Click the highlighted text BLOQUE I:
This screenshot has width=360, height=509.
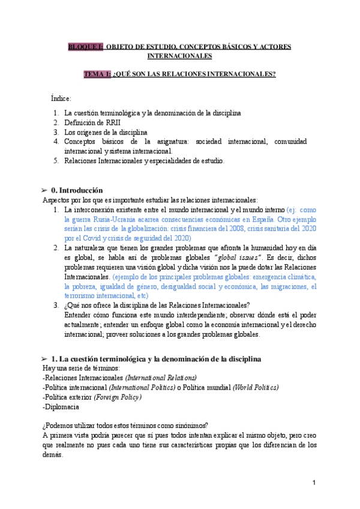click(86, 46)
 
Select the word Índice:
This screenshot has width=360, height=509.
click(61, 98)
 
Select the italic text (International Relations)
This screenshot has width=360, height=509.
click(161, 378)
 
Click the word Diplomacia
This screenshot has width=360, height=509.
click(61, 406)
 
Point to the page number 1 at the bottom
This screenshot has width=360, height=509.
click(314, 483)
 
